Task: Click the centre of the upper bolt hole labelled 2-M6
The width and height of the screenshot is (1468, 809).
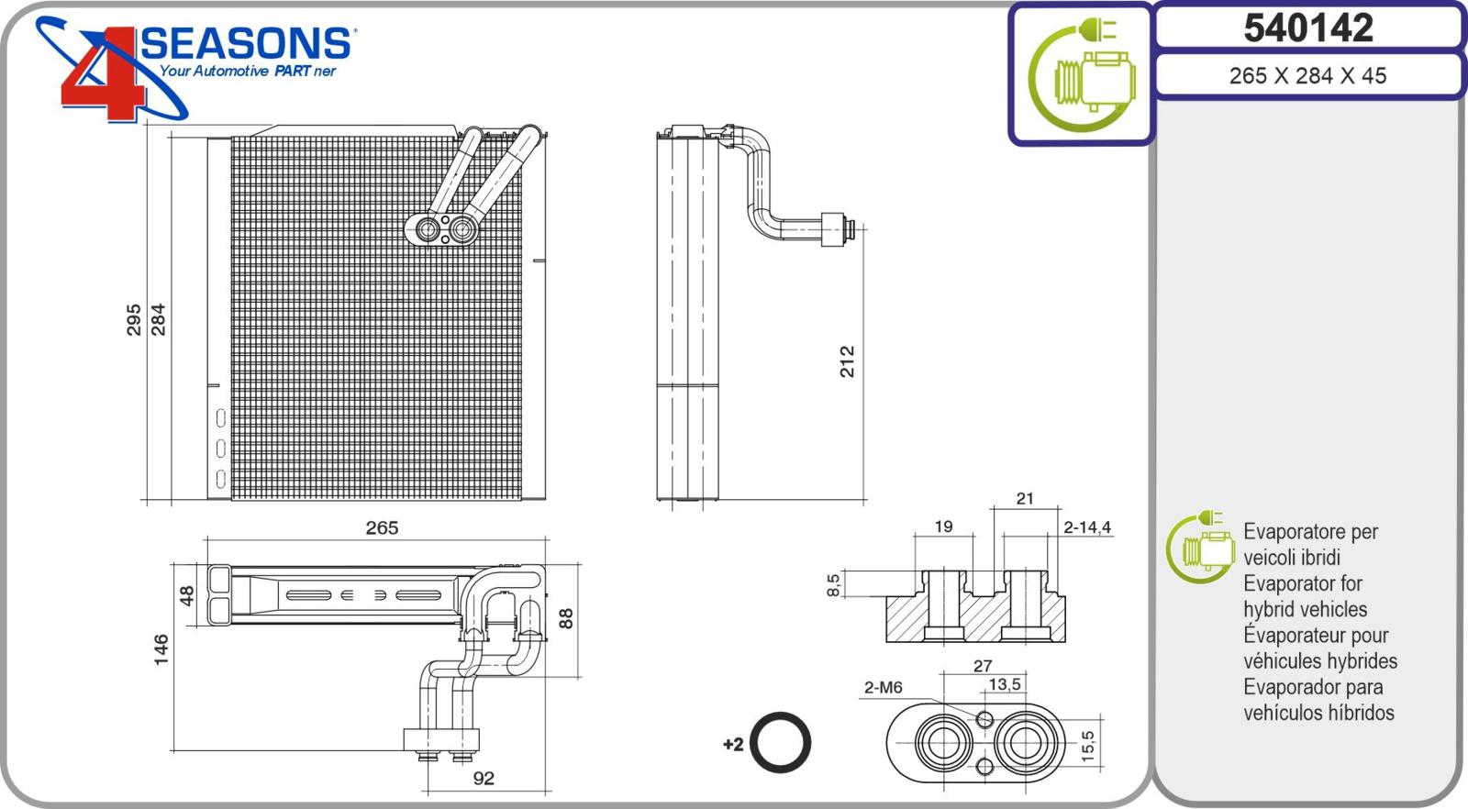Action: coord(984,719)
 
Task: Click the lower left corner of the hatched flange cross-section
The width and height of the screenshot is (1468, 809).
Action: coord(886,641)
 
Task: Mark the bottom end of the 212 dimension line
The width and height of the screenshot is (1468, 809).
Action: coord(863,501)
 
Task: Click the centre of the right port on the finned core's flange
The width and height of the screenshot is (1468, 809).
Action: coord(463,230)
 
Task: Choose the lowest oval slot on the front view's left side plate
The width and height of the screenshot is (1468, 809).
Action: coord(221,479)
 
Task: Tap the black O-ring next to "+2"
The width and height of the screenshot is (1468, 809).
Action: coord(780,743)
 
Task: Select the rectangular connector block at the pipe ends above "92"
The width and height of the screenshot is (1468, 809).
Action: coord(441,740)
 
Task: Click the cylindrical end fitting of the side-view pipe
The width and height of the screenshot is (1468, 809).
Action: coord(833,229)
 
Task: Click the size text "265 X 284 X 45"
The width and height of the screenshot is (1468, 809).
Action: coord(1307,76)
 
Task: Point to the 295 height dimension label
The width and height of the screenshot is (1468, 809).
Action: coord(134,320)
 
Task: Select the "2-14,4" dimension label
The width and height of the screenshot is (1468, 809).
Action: coord(1087,527)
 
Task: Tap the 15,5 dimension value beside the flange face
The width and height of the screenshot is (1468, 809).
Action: coord(1087,746)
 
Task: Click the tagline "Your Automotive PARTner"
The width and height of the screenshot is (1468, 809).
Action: coord(248,71)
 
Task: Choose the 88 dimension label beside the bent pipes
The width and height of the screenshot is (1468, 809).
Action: coord(565,618)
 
